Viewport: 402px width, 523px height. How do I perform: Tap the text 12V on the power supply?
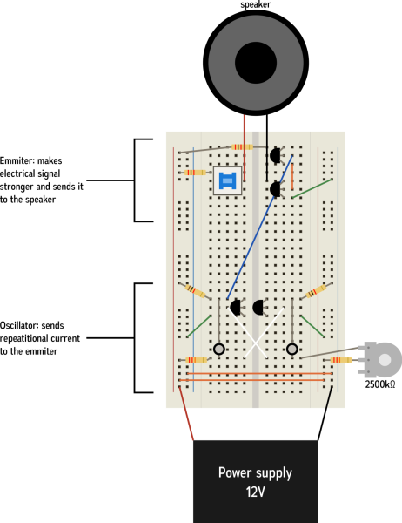(255, 492)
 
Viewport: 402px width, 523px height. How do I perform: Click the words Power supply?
(255, 473)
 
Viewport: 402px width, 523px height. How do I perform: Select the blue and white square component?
(227, 180)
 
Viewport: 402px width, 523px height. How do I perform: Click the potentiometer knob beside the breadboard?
(384, 359)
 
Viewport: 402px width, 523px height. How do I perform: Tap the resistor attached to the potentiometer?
(341, 359)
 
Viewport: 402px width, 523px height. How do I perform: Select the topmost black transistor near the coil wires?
(275, 155)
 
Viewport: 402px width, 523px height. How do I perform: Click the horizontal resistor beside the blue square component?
(196, 173)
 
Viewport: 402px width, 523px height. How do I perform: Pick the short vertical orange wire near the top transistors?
(291, 175)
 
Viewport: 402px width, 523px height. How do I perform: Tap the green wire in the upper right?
(312, 188)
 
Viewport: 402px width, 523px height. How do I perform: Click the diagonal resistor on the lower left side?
(196, 290)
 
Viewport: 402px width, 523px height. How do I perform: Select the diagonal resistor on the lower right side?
(316, 290)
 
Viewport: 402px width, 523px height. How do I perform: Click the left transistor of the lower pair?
(235, 307)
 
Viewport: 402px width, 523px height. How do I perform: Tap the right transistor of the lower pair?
(258, 307)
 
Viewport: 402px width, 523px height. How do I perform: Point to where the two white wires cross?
(255, 339)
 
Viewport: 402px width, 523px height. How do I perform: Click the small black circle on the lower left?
(219, 349)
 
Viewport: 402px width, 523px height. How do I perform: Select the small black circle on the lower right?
(292, 349)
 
